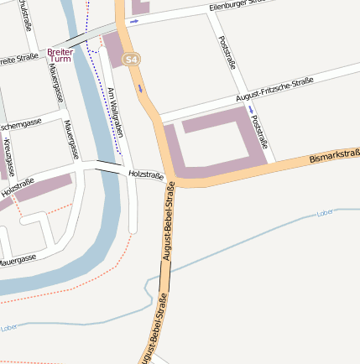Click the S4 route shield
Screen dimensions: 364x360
point(131,60)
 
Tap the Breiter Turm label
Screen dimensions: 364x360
point(60,55)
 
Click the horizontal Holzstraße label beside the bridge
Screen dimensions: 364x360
point(145,174)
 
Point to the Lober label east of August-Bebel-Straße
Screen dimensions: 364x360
point(325,214)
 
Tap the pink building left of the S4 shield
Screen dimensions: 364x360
point(112,49)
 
